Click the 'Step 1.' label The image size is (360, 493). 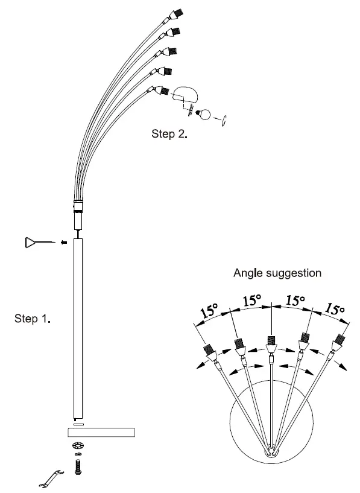(32, 319)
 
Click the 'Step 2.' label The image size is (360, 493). (169, 134)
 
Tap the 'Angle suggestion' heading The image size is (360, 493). (277, 273)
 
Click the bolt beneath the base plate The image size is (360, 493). (77, 466)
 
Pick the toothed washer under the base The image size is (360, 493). (77, 446)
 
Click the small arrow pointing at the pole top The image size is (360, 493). (62, 243)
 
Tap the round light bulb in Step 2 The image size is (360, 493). (206, 113)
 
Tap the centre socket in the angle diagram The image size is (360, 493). (271, 345)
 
